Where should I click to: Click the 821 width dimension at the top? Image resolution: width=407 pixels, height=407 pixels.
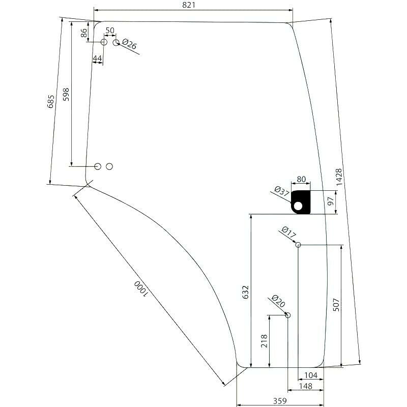189,5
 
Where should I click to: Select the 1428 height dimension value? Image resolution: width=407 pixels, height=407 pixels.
339,177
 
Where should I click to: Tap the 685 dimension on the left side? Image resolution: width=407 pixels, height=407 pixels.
51,101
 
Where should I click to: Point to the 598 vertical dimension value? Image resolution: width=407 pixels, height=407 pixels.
66,94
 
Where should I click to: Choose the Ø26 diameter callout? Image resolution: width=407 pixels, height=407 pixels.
129,44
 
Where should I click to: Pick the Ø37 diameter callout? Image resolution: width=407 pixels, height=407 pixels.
282,191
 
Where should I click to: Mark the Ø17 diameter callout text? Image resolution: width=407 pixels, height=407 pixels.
288,232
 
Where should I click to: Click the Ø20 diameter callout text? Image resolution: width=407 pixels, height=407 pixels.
278,301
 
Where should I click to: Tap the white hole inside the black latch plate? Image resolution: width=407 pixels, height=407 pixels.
298,206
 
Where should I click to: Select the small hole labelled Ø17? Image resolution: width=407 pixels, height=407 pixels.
298,245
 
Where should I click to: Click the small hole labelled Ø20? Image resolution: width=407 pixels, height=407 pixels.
287,315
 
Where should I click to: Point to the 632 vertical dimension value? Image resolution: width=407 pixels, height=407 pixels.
246,292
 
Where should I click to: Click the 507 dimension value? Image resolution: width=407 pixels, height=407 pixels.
336,305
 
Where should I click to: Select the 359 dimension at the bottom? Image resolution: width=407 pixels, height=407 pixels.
280,401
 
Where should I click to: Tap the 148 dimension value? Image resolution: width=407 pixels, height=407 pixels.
306,386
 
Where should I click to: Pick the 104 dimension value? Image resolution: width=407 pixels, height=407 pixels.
311,375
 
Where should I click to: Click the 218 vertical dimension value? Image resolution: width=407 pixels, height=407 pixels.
264,341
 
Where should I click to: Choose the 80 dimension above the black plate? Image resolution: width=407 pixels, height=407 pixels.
301,179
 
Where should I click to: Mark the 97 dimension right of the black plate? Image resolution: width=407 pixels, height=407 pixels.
330,201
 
